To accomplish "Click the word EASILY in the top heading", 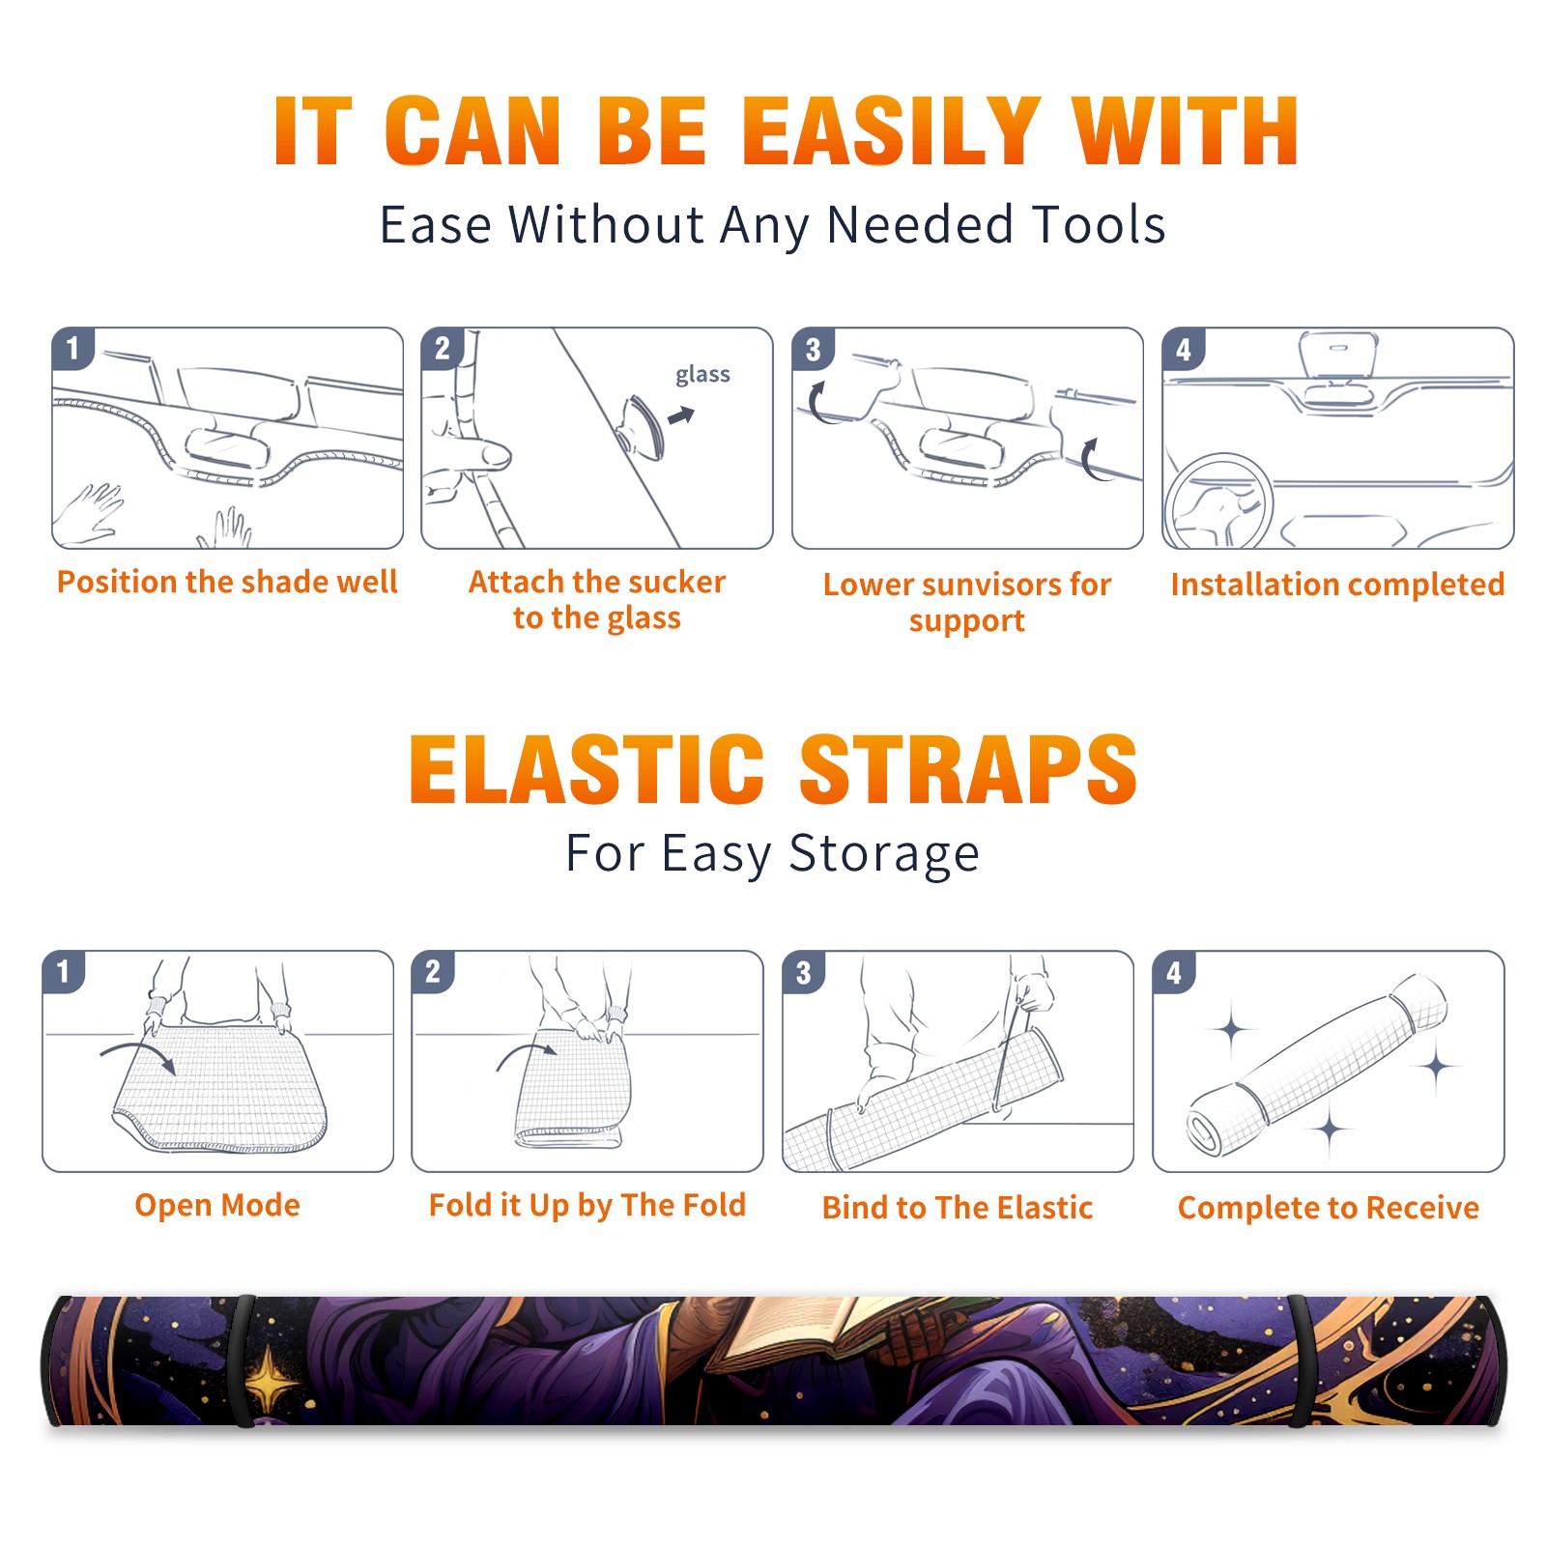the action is pyautogui.click(x=891, y=131).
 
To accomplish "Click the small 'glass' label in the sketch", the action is pyautogui.click(x=702, y=375).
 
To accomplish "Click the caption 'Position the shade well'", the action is pyautogui.click(x=227, y=582).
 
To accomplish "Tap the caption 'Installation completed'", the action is pyautogui.click(x=1337, y=585).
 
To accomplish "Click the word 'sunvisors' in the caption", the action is pyautogui.click(x=982, y=585).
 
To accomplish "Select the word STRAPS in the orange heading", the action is pyautogui.click(x=967, y=769).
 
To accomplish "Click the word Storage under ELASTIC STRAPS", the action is pyautogui.click(x=884, y=854).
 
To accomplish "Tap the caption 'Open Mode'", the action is pyautogui.click(x=217, y=1205).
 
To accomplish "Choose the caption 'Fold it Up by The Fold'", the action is pyautogui.click(x=587, y=1206).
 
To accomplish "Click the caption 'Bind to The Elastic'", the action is pyautogui.click(x=958, y=1208).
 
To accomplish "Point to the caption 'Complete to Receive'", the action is pyautogui.click(x=1329, y=1208).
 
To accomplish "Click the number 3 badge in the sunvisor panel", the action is pyautogui.click(x=813, y=349).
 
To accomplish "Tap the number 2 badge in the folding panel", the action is pyautogui.click(x=432, y=971).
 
